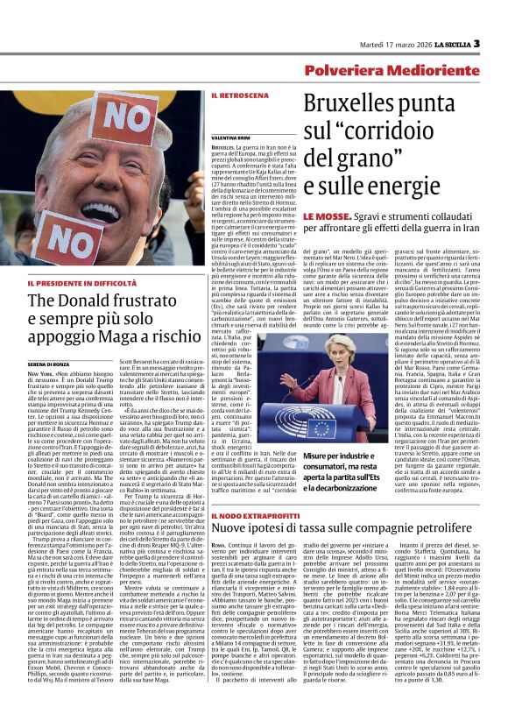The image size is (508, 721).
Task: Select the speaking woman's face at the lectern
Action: click(361, 348)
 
